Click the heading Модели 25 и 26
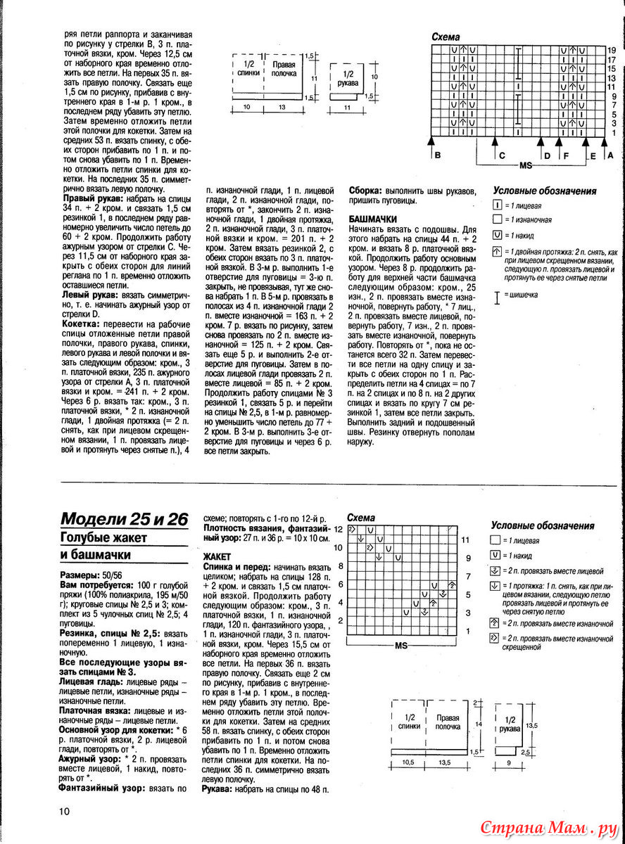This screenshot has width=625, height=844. pyautogui.click(x=124, y=520)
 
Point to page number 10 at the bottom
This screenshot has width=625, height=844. pyautogui.click(x=64, y=812)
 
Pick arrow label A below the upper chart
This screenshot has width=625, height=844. pyautogui.click(x=610, y=155)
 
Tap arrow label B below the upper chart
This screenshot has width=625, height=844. pyautogui.click(x=437, y=155)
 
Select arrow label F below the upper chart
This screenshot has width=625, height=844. pyautogui.click(x=565, y=155)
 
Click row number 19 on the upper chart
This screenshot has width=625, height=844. pyautogui.click(x=612, y=50)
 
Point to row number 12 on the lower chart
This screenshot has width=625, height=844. pyautogui.click(x=338, y=528)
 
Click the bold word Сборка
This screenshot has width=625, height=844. pyautogui.click(x=365, y=190)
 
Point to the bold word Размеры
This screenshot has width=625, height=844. pyautogui.click(x=80, y=575)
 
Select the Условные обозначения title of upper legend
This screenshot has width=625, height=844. pyautogui.click(x=544, y=191)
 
